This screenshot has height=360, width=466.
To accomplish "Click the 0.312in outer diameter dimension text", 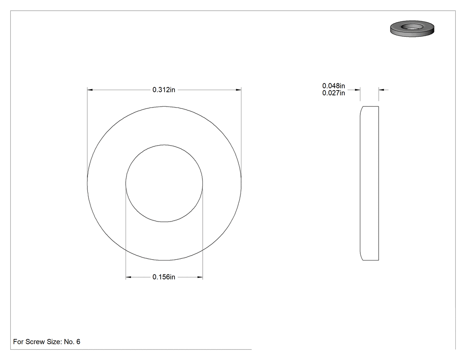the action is (164, 90).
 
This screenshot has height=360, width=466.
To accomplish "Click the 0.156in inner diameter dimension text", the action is (164, 277).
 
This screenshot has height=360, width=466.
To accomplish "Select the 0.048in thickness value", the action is (333, 86).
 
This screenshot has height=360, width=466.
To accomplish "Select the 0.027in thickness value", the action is (333, 93).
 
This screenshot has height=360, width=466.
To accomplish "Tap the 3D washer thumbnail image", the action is (412, 28).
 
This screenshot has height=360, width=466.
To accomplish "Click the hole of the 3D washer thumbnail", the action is (412, 27).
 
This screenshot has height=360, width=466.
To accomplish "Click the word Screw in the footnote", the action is (35, 341).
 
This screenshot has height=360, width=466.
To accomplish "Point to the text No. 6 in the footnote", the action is (72, 341).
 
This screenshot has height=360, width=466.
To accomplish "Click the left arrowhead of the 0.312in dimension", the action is (90, 90).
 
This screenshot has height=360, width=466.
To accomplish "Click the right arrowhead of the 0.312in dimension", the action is (238, 90).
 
